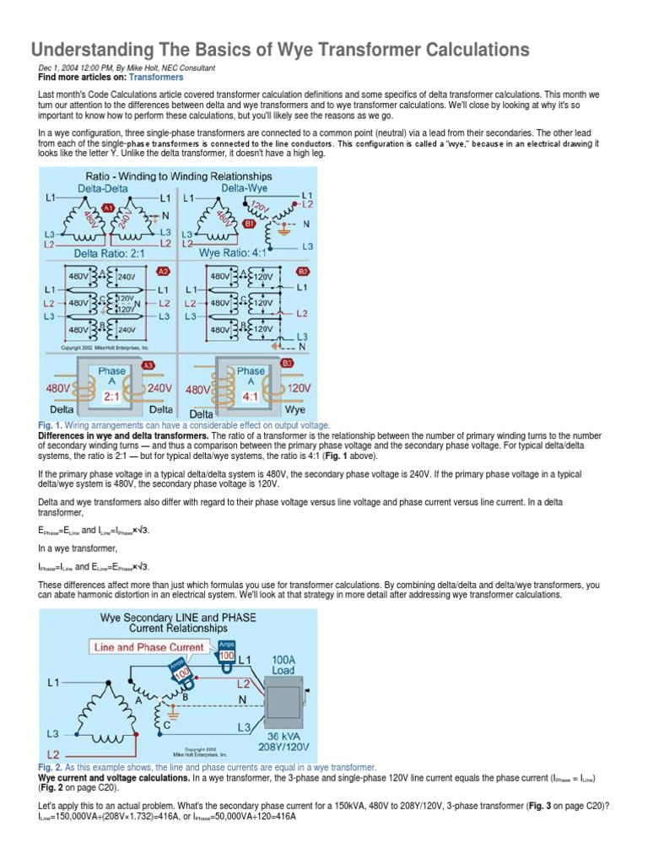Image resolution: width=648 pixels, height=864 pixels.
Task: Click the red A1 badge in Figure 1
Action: pyautogui.click(x=108, y=207)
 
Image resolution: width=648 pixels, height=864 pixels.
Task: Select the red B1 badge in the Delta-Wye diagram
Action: pyautogui.click(x=248, y=224)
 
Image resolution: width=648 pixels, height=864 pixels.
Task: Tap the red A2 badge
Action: pyautogui.click(x=164, y=271)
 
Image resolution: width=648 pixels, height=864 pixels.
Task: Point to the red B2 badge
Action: pyautogui.click(x=302, y=271)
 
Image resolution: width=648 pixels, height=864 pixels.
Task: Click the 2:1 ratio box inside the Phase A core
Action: pyautogui.click(x=111, y=394)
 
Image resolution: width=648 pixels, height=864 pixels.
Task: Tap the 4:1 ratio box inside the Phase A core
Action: pyautogui.click(x=251, y=394)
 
